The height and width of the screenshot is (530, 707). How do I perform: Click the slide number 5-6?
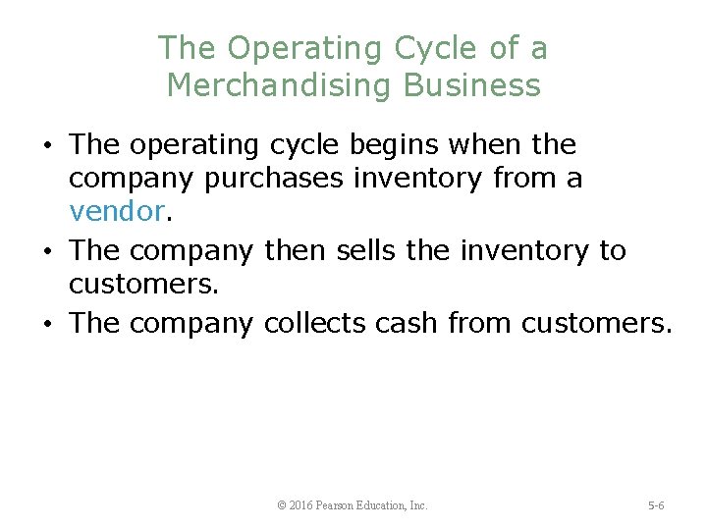point(656,505)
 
